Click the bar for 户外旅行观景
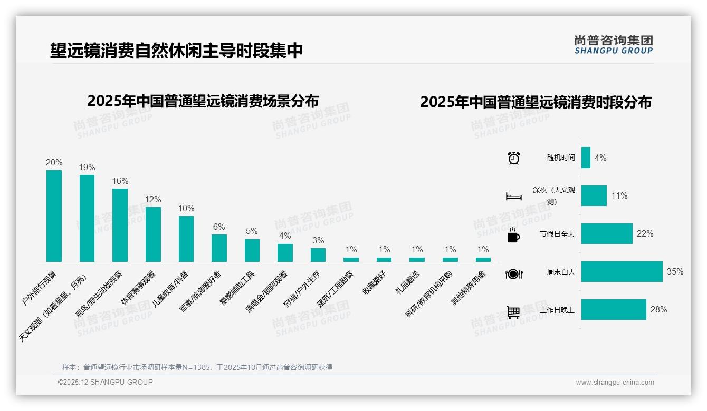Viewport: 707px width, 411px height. pyautogui.click(x=54, y=216)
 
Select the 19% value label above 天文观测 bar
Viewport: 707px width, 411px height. pyautogui.click(x=87, y=168)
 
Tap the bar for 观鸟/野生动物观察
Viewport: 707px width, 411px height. pyautogui.click(x=120, y=225)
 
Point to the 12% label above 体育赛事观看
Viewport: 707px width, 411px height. pyautogui.click(x=153, y=200)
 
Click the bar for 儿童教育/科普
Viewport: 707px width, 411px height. pyautogui.click(x=186, y=239)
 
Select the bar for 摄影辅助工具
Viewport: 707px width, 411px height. pyautogui.click(x=252, y=250)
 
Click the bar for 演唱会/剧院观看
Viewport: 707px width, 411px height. pyautogui.click(x=285, y=253)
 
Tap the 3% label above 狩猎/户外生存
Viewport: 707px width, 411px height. pyautogui.click(x=318, y=241)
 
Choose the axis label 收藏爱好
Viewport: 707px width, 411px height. pyautogui.click(x=374, y=283)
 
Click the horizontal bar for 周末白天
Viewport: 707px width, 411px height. pyautogui.click(x=622, y=272)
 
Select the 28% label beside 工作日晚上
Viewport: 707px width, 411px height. pyautogui.click(x=658, y=310)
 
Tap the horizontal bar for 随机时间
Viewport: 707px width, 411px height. pyautogui.click(x=586, y=158)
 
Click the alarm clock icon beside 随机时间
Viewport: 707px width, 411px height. pyautogui.click(x=514, y=158)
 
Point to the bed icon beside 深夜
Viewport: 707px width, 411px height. pyautogui.click(x=514, y=197)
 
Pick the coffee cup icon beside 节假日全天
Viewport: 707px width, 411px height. pyautogui.click(x=513, y=236)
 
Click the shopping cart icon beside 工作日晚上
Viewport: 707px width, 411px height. pyautogui.click(x=513, y=312)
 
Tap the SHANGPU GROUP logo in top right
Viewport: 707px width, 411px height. pyautogui.click(x=613, y=44)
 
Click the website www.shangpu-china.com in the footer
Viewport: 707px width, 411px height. pyautogui.click(x=615, y=383)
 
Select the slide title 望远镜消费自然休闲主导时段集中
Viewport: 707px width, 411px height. pyautogui.click(x=176, y=51)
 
